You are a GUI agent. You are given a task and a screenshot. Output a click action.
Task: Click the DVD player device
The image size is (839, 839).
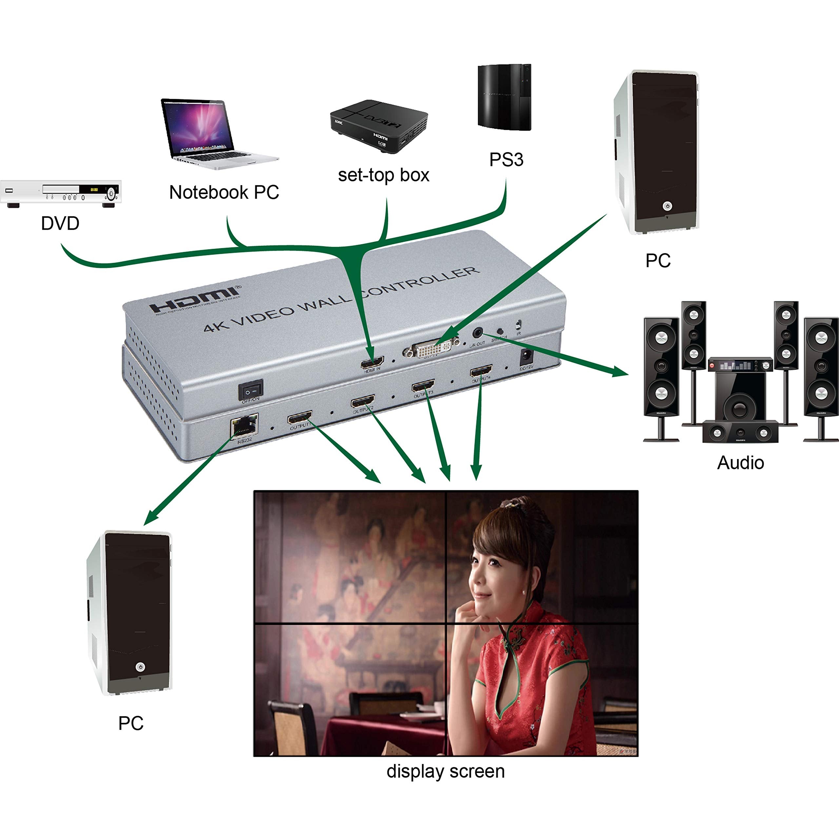click(61, 192)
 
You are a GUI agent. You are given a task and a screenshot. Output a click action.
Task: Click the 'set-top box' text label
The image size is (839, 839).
click(383, 175)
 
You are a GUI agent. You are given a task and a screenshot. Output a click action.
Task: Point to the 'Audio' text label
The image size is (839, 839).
click(740, 462)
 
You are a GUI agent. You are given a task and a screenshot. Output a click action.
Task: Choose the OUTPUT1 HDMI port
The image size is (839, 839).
click(300, 418)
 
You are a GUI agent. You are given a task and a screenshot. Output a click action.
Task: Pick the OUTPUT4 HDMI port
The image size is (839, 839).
click(481, 371)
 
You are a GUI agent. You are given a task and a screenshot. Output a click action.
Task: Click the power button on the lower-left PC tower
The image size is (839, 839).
click(140, 667)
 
